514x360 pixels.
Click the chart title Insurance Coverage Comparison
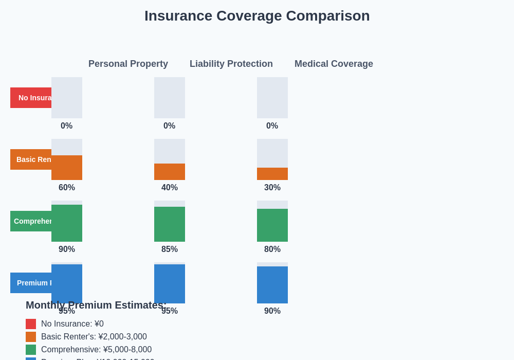pyautogui.click(x=257, y=16)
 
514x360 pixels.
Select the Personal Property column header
pyautogui.click(x=128, y=64)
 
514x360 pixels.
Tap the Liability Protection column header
pyautogui.click(x=231, y=64)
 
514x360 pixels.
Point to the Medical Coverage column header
pyautogui.click(x=334, y=64)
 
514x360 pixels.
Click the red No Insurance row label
pyautogui.click(x=31, y=98)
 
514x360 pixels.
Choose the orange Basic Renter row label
pyautogui.click(x=31, y=159)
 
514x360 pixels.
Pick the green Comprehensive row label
pyautogui.click(x=31, y=221)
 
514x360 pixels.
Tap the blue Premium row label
pyautogui.click(x=31, y=283)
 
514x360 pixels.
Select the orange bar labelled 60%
pyautogui.click(x=67, y=168)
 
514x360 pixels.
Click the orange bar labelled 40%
pyautogui.click(x=170, y=172)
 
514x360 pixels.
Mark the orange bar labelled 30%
pyautogui.click(x=272, y=174)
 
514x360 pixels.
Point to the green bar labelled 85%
pyautogui.click(x=170, y=224)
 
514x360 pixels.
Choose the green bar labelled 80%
pyautogui.click(x=272, y=225)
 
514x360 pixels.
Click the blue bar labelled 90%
pyautogui.click(x=272, y=285)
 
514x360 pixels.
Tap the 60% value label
pyautogui.click(x=67, y=188)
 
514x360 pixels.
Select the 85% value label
pyautogui.click(x=170, y=249)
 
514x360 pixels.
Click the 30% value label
pyautogui.click(x=272, y=188)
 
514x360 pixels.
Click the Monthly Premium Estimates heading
pyautogui.click(x=96, y=305)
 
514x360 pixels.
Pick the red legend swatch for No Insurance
pyautogui.click(x=31, y=324)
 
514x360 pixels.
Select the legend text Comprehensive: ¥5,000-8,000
pyautogui.click(x=96, y=350)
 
